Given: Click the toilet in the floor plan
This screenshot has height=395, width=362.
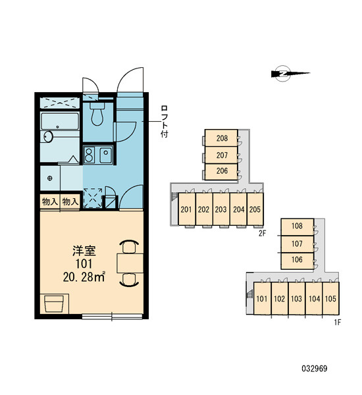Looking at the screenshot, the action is (x=97, y=114).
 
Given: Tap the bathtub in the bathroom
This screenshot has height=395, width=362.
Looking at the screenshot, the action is (x=60, y=121).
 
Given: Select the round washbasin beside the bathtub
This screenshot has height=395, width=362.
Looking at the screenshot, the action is (x=48, y=137).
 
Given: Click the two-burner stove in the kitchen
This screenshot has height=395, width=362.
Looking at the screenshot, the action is (x=89, y=155).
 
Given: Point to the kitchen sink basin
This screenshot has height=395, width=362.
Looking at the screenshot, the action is (x=106, y=155).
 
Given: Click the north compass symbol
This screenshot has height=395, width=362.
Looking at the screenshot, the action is (x=290, y=74).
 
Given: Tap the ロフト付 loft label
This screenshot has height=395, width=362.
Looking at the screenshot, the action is (x=165, y=121).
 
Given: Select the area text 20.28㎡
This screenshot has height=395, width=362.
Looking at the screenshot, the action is (x=84, y=277).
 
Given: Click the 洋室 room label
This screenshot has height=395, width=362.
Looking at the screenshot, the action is (x=84, y=251).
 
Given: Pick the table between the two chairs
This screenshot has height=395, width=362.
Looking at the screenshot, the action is (x=130, y=263).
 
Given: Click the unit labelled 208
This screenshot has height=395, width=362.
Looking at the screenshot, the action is (x=221, y=138).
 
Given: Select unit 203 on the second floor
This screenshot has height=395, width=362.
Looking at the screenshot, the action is (x=221, y=209).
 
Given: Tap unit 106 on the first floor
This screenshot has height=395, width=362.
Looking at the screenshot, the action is (x=297, y=260).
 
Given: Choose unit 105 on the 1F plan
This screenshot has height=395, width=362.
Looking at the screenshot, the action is (x=330, y=298).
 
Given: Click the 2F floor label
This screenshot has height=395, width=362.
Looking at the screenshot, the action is (x=262, y=234).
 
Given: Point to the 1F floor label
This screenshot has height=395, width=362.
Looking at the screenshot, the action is (x=338, y=322).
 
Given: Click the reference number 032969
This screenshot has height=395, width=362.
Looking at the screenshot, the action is (x=315, y=369).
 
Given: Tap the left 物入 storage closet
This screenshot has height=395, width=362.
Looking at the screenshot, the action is (x=50, y=201).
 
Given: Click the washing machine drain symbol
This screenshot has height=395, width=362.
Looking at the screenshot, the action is (x=49, y=178).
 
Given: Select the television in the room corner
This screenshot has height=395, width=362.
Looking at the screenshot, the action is (x=54, y=303).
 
